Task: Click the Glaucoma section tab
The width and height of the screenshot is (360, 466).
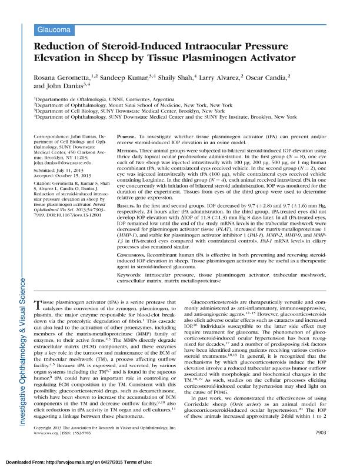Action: pos(55,28)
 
